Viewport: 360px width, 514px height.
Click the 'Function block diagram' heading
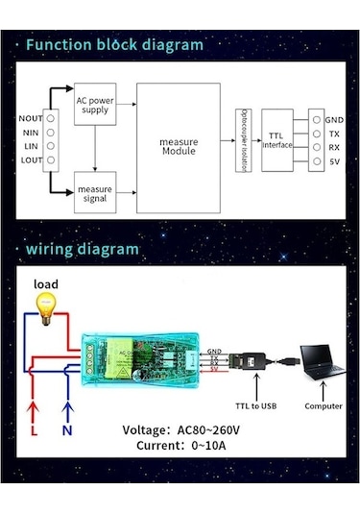114,45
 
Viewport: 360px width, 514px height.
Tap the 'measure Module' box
178,147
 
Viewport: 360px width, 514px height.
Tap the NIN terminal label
32,133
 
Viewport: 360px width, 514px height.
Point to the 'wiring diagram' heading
83,249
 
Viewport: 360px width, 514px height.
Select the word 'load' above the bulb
46,284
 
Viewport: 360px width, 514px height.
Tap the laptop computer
322,365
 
